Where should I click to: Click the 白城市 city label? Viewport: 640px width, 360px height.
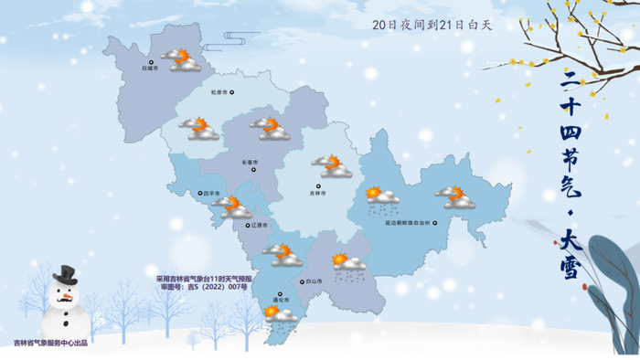150,68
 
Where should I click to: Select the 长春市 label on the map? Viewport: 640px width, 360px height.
251,163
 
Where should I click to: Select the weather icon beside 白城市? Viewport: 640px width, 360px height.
181,60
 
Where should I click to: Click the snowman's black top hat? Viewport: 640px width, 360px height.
63,276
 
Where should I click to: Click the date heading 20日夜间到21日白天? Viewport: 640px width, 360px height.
432,25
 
